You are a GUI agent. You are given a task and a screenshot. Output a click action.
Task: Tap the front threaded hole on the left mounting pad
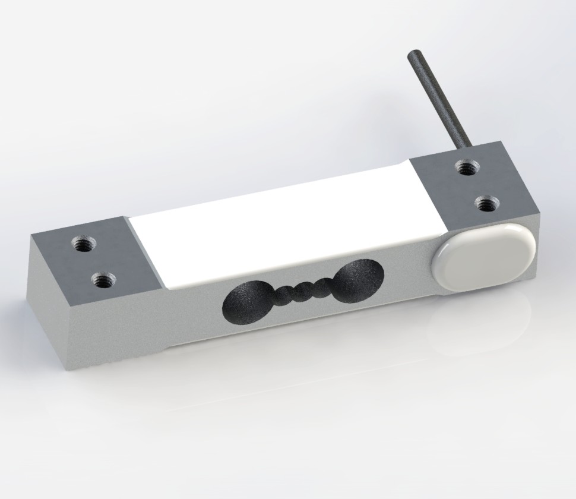click(104, 277)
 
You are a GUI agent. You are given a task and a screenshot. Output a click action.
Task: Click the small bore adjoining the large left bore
click(281, 295)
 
